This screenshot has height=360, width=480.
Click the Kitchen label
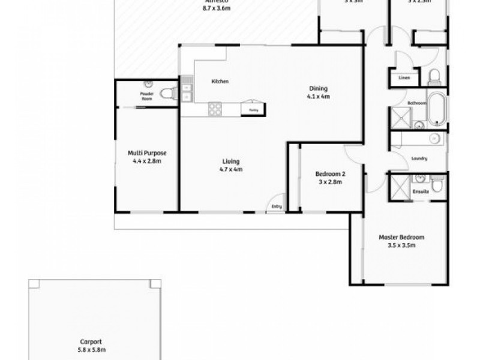(219, 82)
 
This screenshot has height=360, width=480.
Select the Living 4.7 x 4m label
(231, 166)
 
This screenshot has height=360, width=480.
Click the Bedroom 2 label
(331, 178)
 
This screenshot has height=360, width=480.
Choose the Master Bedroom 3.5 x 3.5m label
(397, 241)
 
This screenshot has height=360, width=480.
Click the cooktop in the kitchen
(215, 109)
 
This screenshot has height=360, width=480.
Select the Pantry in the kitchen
(254, 109)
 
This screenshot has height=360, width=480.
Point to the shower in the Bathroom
(399, 118)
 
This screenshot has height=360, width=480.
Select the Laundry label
(418, 159)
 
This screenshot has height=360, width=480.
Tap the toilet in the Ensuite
(439, 188)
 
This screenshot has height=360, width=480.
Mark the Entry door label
(276, 206)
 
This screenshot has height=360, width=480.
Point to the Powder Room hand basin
(148, 87)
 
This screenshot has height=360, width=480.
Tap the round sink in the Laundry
(435, 139)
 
